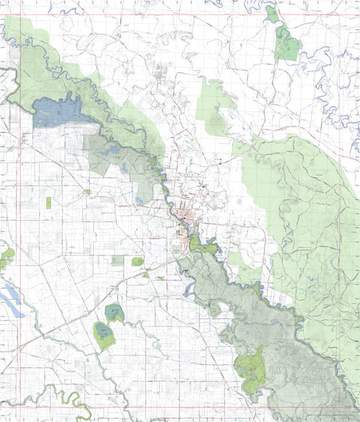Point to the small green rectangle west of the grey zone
pyautogui.click(x=49, y=203)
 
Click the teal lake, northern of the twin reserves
pyautogui.click(x=114, y=312)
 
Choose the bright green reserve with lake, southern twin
pyautogui.click(x=103, y=335)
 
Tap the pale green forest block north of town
pyautogui.click(x=213, y=109)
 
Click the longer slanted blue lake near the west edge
pyautogui.click(x=10, y=302)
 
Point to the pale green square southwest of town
pyautogui.click(x=118, y=260)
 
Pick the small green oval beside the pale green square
pyautogui.click(x=137, y=261)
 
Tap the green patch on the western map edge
pyautogui.click(x=6, y=258)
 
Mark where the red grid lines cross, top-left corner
pyautogui.click(x=9, y=15)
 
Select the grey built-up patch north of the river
pyautogui.click(x=161, y=74)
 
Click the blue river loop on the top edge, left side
pyautogui.click(x=70, y=10)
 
